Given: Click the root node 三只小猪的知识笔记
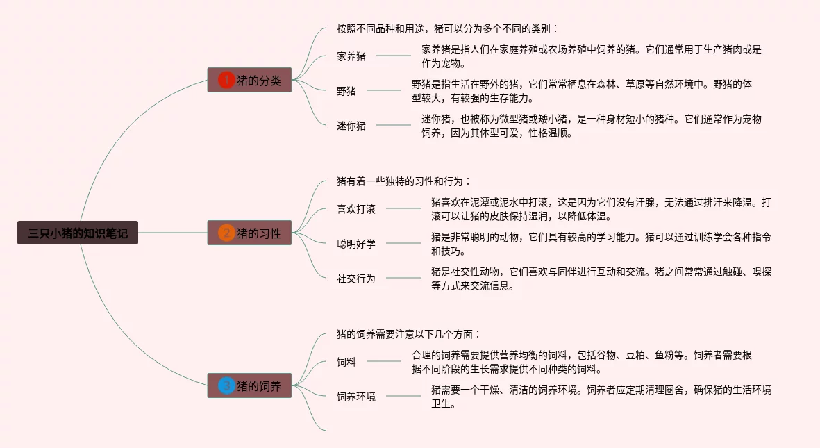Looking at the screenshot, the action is [x=78, y=233].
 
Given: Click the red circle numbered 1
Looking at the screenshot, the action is [x=226, y=81].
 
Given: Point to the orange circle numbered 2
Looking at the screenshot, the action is [x=226, y=233].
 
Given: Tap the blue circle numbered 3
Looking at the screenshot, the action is [x=226, y=385].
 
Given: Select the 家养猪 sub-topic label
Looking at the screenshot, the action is [x=351, y=56].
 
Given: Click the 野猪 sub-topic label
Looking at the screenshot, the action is [x=346, y=91].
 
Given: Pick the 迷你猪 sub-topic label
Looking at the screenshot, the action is [x=351, y=126].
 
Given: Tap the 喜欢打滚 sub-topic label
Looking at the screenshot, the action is [x=356, y=208].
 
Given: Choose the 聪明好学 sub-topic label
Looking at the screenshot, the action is [x=356, y=243].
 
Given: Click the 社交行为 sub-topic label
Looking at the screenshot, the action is [x=356, y=278].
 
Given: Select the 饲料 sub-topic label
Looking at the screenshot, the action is [x=346, y=361].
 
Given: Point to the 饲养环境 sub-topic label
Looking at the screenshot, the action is [x=356, y=397].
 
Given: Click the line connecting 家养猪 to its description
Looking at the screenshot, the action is [x=393, y=56].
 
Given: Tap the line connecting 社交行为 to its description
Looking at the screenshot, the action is [x=403, y=278].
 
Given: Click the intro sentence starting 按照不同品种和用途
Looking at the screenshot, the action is [x=447, y=28].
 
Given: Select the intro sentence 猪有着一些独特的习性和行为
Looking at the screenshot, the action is [x=403, y=181].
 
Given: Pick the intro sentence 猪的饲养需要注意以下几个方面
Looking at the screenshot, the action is [x=408, y=334].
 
